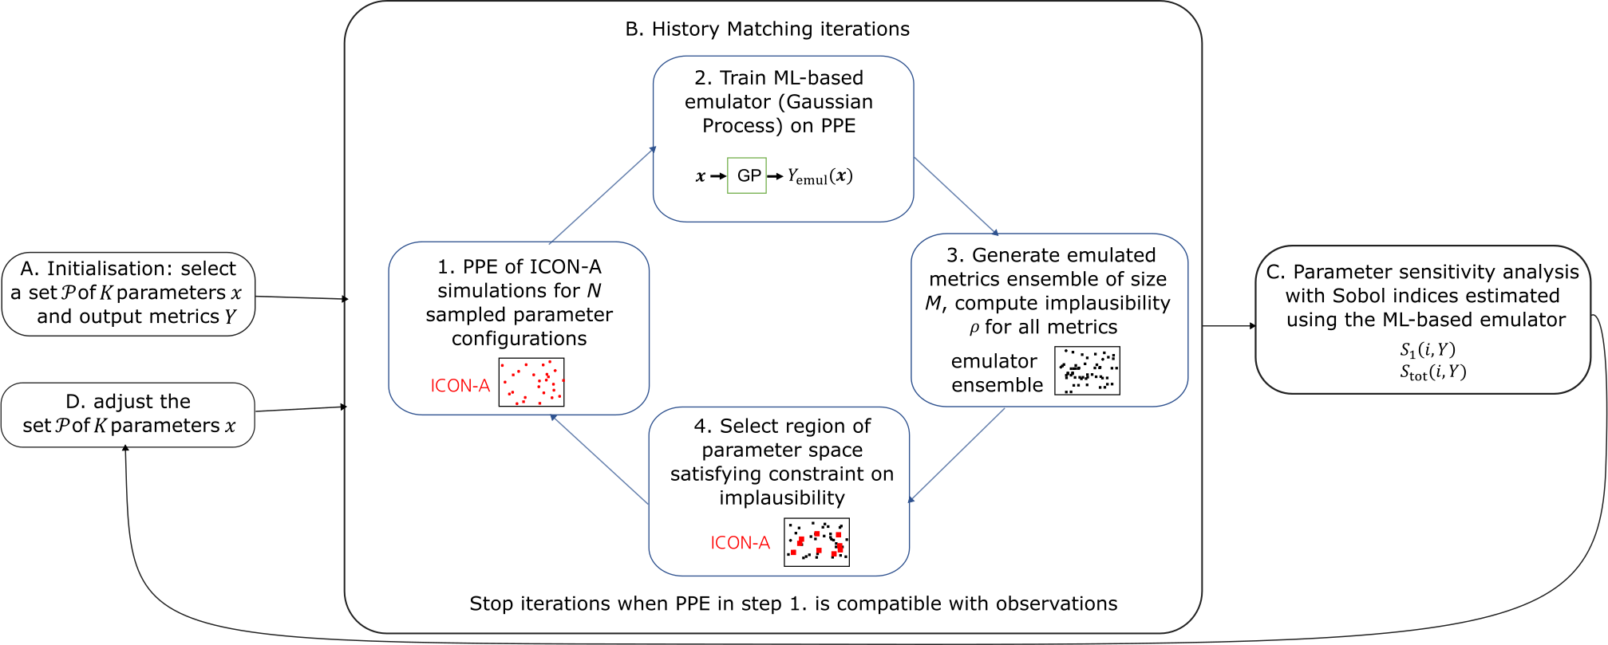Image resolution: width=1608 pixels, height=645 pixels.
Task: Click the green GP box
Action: pyautogui.click(x=746, y=175)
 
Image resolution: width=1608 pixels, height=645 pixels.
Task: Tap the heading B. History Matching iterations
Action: pyautogui.click(x=767, y=29)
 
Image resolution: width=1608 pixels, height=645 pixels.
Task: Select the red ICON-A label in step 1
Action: pyautogui.click(x=460, y=386)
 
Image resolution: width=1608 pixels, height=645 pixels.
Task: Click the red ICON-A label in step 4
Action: pyautogui.click(x=740, y=543)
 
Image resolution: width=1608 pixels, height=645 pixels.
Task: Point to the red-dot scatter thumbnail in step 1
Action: pyautogui.click(x=531, y=382)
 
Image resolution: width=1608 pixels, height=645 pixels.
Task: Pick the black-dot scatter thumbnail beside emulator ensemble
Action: pyautogui.click(x=1087, y=371)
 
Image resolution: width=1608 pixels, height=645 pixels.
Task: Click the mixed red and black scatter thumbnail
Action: pyautogui.click(x=816, y=542)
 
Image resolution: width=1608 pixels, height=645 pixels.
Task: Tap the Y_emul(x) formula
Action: pyautogui.click(x=820, y=176)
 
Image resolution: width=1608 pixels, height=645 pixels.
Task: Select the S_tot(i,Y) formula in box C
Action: pyautogui.click(x=1432, y=372)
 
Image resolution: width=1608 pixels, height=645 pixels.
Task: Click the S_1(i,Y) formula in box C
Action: pyautogui.click(x=1428, y=349)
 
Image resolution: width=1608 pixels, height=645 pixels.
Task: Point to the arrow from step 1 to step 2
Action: pyautogui.click(x=603, y=195)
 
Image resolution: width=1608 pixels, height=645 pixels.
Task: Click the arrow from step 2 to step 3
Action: pyautogui.click(x=956, y=196)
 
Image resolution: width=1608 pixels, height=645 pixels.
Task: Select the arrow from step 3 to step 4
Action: pyautogui.click(x=956, y=455)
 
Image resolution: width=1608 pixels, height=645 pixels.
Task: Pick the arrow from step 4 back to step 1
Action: pyautogui.click(x=599, y=459)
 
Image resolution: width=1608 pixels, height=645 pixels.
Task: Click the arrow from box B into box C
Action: pyautogui.click(x=1230, y=326)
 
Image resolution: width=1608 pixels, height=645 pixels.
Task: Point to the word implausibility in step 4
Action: pyautogui.click(x=782, y=498)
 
